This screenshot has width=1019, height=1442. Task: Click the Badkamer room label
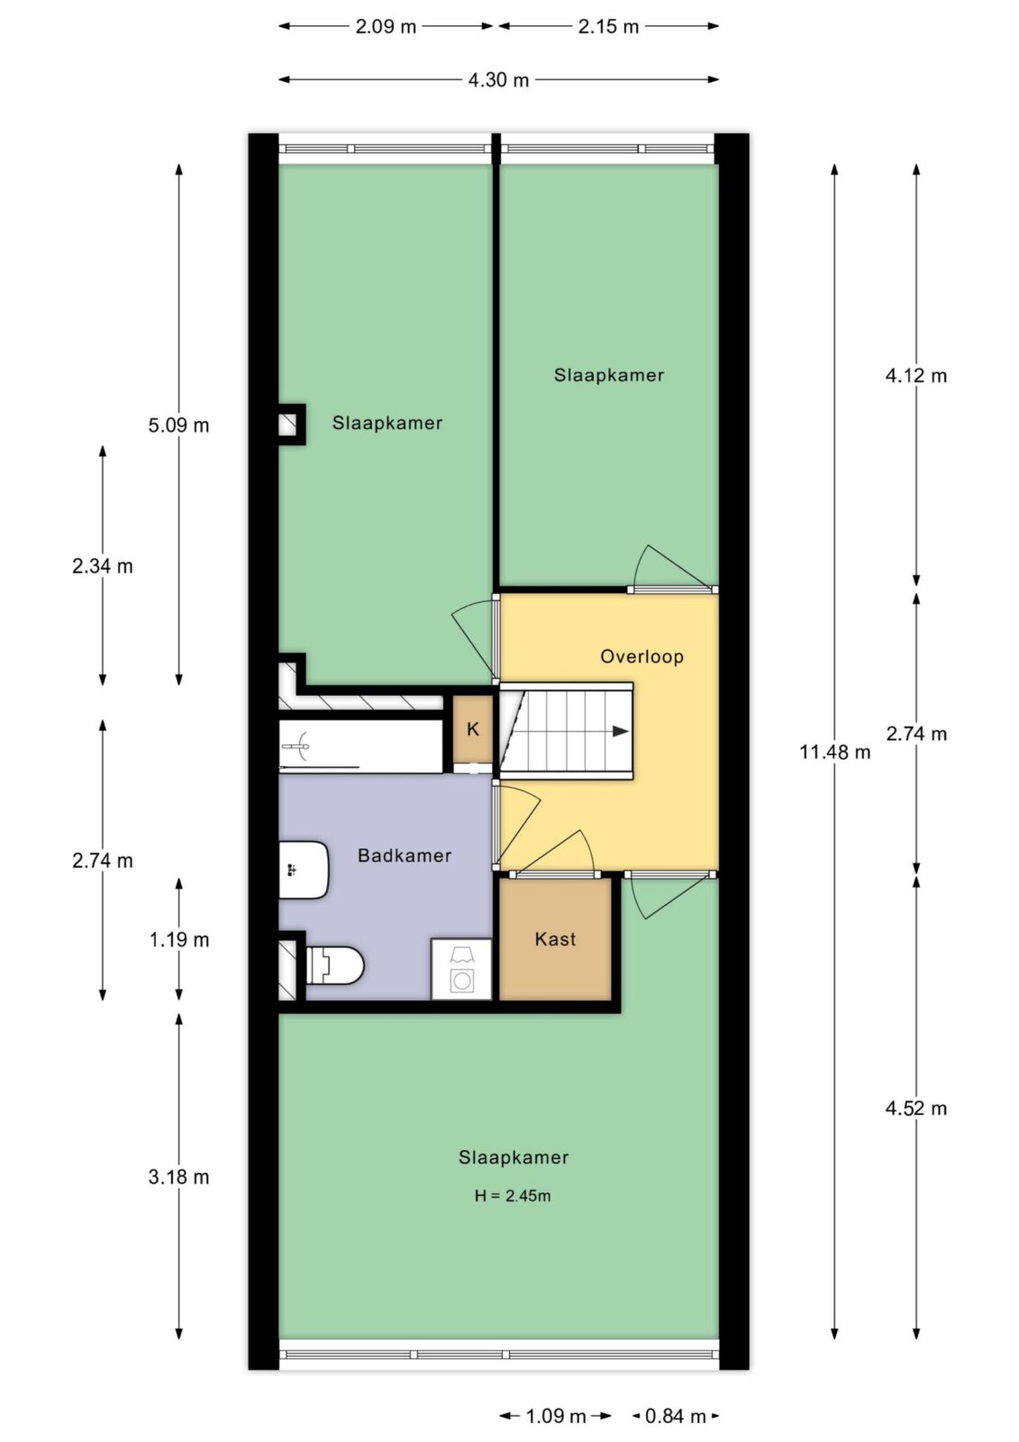pos(405,855)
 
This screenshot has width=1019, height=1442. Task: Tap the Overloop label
pos(641,657)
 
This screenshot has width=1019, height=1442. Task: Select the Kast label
pos(555,939)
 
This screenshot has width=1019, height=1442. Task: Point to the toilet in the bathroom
pos(335,965)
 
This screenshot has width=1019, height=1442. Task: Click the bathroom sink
pos(304,870)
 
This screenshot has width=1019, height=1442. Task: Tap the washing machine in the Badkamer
pos(461,970)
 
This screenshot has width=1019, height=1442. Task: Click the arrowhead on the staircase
pos(621,731)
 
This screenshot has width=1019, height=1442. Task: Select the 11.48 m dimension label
pos(835,752)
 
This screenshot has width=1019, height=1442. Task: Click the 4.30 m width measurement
pos(498,80)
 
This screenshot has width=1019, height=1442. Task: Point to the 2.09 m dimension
pos(386,26)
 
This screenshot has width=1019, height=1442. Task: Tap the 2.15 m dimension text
pos(608,26)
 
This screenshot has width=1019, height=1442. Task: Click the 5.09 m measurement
pos(179,425)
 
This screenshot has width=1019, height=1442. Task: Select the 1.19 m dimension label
pos(179,940)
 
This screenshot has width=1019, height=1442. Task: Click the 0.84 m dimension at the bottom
pos(675,1416)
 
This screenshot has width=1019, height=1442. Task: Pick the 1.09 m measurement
pos(556,1416)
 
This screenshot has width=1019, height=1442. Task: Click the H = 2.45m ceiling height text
pos(513,1196)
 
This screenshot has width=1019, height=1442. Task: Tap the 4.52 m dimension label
pos(916,1109)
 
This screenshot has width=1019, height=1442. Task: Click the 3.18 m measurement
pos(179,1177)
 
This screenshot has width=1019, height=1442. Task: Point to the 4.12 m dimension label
pos(916,376)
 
